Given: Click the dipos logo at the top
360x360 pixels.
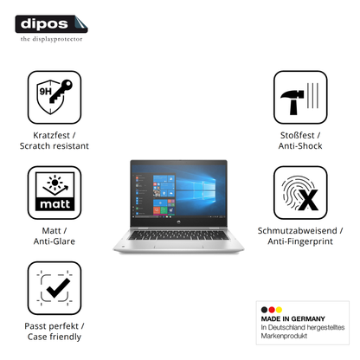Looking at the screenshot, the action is (51, 24).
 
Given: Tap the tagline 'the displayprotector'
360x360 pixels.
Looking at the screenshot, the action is (51, 39).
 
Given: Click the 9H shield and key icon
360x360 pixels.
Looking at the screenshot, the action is (55, 97).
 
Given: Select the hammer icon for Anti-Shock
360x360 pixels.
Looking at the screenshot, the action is (300, 97).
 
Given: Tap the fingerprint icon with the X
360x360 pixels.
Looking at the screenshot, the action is (300, 193).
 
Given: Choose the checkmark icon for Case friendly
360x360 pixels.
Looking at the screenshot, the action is (55, 288).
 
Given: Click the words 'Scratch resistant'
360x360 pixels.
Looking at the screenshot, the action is (55, 146).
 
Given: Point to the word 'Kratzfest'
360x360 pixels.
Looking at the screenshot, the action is (51, 135).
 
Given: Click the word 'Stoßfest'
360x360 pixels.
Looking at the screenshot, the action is (297, 135).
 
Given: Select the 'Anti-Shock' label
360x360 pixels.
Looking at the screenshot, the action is (300, 146).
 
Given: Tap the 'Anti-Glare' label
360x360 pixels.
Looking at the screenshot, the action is (55, 241).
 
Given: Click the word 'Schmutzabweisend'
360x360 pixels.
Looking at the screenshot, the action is (297, 231).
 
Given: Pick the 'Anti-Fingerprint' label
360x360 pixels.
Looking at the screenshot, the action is (300, 241).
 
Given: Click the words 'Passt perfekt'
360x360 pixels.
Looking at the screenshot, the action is (51, 326).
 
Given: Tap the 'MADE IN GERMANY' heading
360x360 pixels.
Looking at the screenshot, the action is (292, 318).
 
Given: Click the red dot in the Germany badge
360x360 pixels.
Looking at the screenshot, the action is (272, 310).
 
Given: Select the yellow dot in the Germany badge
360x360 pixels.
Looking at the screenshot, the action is (279, 310).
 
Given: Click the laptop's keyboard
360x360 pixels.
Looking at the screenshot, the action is (179, 235).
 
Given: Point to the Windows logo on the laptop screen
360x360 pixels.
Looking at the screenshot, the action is (196, 190).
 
